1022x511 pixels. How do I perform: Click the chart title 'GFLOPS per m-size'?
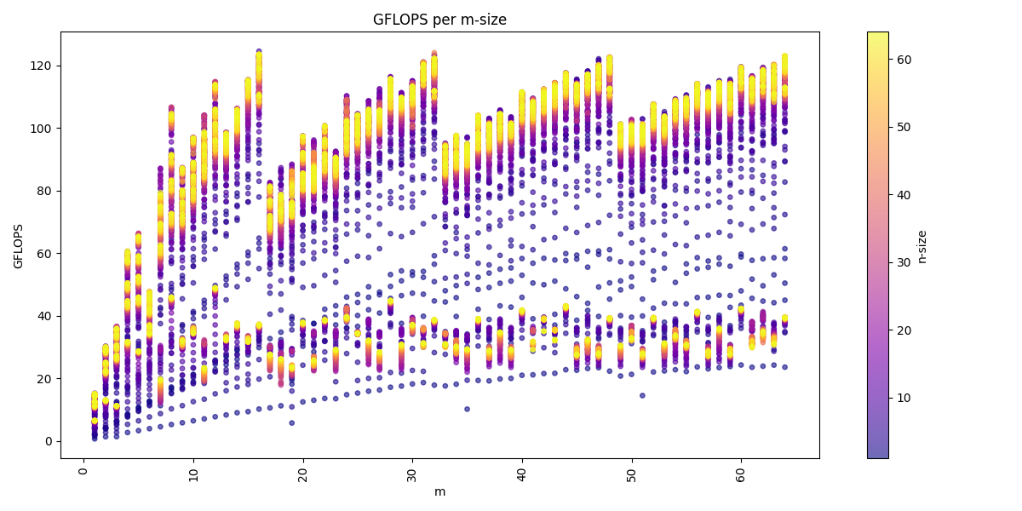[x=439, y=20]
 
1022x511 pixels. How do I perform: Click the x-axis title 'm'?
[x=439, y=491]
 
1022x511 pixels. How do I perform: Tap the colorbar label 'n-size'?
[x=922, y=246]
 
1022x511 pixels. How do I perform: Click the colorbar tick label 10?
[x=904, y=398]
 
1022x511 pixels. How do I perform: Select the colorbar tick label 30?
[x=904, y=262]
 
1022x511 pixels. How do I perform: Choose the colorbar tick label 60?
[x=904, y=60]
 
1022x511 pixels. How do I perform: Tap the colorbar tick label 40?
[x=904, y=195]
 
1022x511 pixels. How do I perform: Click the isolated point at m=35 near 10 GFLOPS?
[x=467, y=409]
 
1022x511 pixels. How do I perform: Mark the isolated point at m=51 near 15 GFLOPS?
[x=642, y=395]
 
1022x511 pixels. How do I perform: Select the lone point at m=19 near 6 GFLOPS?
[x=291, y=422]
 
